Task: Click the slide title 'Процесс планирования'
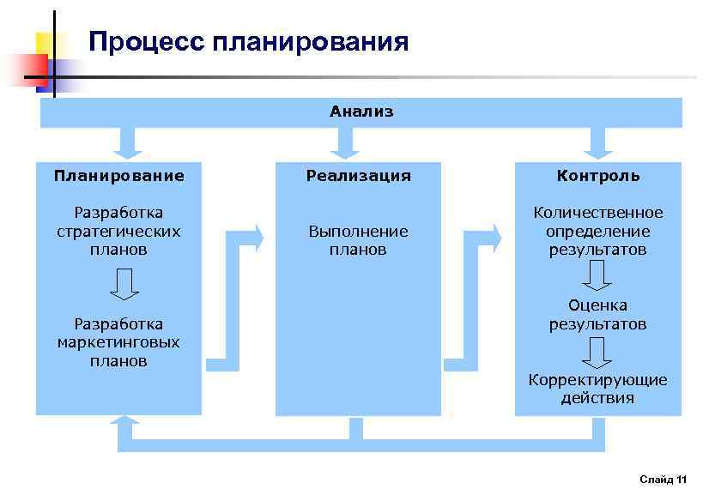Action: (x=248, y=42)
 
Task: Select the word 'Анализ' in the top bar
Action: (x=361, y=112)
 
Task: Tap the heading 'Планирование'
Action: (x=118, y=176)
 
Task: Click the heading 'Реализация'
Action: (x=359, y=176)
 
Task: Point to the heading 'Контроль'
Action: (x=597, y=176)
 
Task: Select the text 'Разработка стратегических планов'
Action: (x=118, y=231)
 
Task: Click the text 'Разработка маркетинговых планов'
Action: (x=118, y=342)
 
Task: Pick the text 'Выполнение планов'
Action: (x=359, y=240)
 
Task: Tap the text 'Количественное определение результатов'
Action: (x=597, y=231)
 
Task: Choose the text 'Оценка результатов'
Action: (x=597, y=315)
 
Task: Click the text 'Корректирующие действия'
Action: (x=597, y=389)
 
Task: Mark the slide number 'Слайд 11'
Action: (x=663, y=479)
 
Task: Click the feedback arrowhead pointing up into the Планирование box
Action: (x=126, y=424)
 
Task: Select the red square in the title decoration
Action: (x=26, y=69)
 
